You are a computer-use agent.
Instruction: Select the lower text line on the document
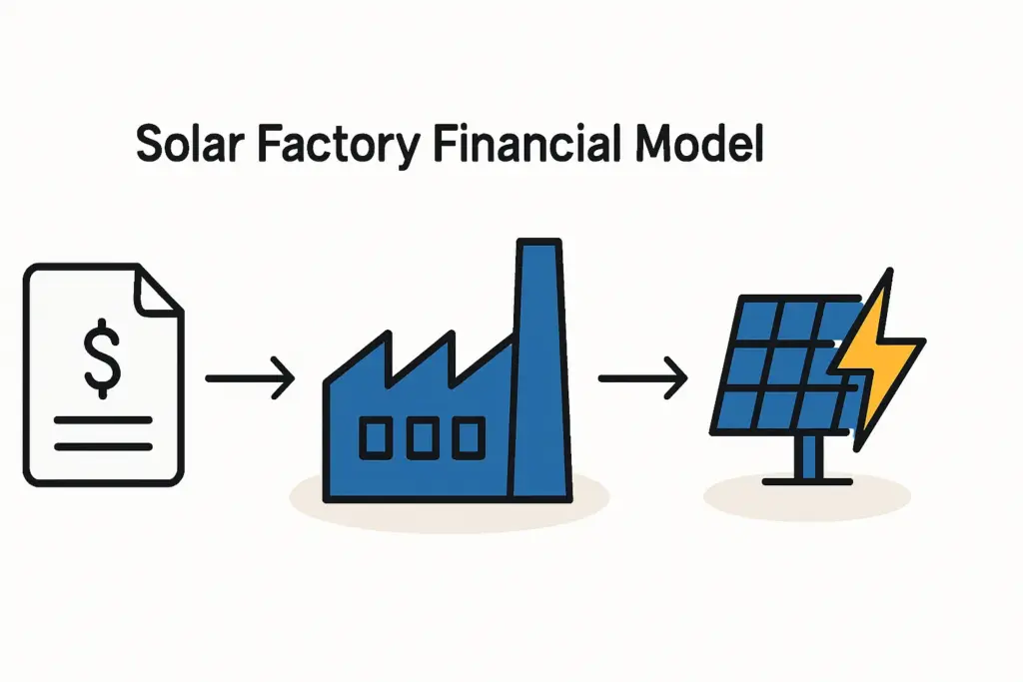pos(103,445)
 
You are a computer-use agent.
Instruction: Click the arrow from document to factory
pos(250,379)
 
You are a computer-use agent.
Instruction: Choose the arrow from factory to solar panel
pos(642,379)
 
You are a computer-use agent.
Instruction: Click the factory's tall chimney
pos(540,369)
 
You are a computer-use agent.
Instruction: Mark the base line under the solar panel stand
pos(807,481)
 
